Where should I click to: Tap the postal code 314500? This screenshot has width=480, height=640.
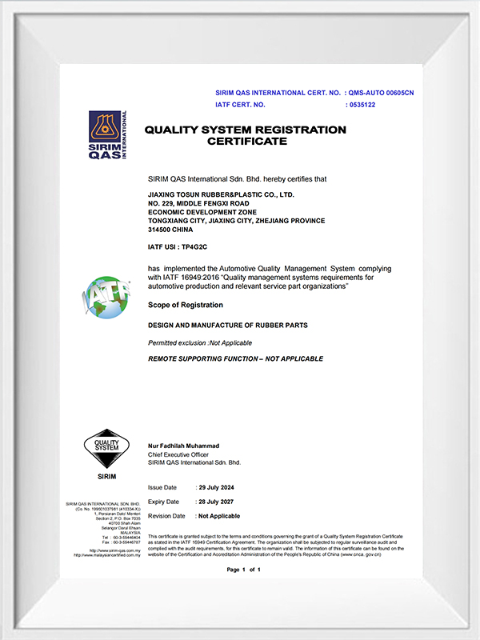[162, 230]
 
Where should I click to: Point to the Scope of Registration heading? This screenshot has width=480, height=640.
[186, 305]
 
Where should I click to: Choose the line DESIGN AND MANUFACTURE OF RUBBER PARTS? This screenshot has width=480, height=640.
[227, 326]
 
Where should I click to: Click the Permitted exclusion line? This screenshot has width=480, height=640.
[200, 342]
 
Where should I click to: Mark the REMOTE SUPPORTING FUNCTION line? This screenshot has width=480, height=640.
[236, 358]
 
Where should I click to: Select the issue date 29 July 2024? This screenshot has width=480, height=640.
[216, 487]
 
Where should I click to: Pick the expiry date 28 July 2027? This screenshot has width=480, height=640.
[216, 502]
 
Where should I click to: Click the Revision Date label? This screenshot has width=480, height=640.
[166, 516]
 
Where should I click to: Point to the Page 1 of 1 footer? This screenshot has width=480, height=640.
[244, 570]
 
